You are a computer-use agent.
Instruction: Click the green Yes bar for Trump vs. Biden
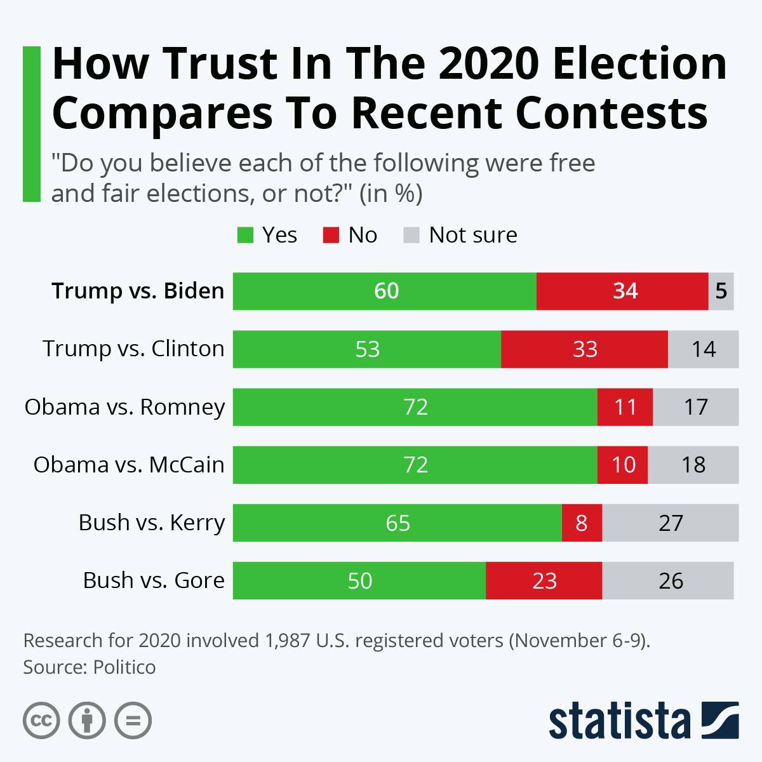point(385,291)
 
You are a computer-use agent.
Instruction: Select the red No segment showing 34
point(622,291)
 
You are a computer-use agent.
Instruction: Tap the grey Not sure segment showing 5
point(721,291)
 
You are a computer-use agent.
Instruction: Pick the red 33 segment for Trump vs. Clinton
point(584,349)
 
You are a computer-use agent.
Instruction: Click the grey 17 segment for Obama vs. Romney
point(696,407)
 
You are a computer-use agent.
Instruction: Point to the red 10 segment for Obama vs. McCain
point(623,465)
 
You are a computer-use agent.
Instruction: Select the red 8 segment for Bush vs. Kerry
point(582,523)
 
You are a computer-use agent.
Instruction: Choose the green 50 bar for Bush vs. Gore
point(359,580)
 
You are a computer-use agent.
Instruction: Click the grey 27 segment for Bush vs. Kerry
point(671,523)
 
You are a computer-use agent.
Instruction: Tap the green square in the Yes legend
point(245,235)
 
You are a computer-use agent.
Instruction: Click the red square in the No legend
point(331,235)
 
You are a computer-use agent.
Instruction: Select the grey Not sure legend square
point(411,235)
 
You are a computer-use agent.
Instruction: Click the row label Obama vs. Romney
point(124,407)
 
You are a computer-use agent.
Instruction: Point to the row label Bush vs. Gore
point(154,580)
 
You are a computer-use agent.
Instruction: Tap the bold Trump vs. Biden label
point(138,291)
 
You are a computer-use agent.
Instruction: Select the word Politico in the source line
point(124,667)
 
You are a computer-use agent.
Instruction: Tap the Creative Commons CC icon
point(41,721)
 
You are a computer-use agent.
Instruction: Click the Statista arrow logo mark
point(720,720)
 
